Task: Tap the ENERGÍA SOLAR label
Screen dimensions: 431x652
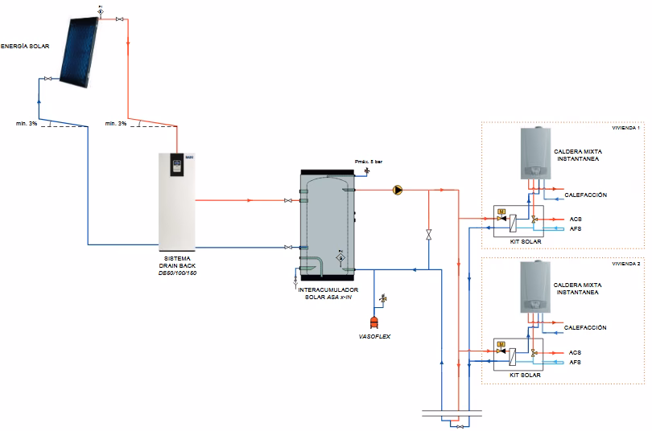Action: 24,47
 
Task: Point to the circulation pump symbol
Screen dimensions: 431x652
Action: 397,190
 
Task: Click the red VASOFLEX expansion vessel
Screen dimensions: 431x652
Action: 375,322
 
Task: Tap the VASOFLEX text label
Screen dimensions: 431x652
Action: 374,336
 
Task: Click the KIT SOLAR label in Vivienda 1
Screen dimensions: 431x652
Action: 525,241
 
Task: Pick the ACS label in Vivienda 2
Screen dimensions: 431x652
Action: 575,353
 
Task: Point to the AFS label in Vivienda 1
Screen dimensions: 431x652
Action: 575,228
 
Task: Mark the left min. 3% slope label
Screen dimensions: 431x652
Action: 27,123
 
